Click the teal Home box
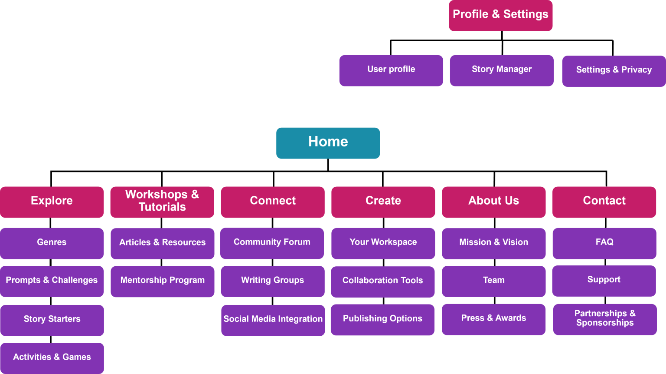pos(328,143)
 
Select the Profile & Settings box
pos(501,16)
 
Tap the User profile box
pos(391,70)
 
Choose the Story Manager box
pos(502,70)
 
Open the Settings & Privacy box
pos(614,71)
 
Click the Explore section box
pos(52,202)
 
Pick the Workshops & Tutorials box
pos(162,202)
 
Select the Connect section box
pos(273,202)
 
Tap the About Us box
pos(494,202)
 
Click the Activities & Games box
pos(52,358)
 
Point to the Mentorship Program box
pos(163,281)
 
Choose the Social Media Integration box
pos(273,321)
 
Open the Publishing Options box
pos(383,320)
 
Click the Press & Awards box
pos(493,320)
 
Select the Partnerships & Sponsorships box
pos(605,320)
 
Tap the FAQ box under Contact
pos(604,244)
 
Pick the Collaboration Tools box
pos(383,281)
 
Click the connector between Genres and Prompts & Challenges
pos(51,262)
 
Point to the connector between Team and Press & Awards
pos(495,301)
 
